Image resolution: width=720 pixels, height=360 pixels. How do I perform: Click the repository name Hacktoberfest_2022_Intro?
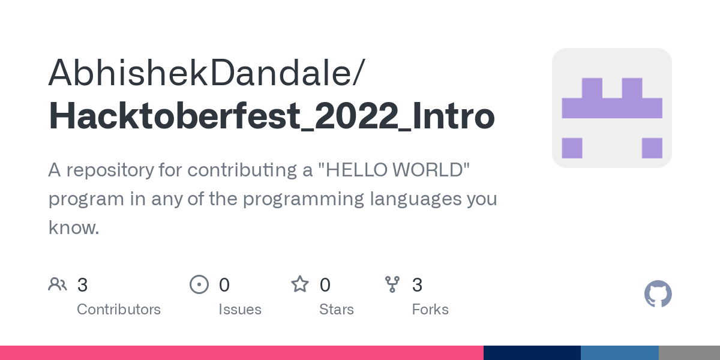coord(271,116)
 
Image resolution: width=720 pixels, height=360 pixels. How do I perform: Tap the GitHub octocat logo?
coord(658,294)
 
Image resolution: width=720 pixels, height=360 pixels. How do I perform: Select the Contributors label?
coord(119,310)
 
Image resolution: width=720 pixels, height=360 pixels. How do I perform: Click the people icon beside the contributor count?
coord(58,284)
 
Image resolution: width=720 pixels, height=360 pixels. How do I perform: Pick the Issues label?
coord(240,310)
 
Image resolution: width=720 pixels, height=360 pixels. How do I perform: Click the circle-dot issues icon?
coord(199,284)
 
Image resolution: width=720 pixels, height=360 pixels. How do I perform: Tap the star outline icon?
coord(300,284)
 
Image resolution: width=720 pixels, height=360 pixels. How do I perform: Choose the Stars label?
coord(337,310)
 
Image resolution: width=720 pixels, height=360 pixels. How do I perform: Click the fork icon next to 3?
coord(392,284)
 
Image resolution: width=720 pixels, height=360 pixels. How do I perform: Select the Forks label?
coord(430,310)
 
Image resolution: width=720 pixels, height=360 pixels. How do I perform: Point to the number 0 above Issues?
coord(224,285)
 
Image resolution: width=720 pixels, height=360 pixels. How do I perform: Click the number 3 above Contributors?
coord(83,285)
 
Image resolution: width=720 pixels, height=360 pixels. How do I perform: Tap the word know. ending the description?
coord(73,227)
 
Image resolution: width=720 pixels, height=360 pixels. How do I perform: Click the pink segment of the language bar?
coord(240,353)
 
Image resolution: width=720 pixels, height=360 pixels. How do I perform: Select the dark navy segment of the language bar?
coord(532,353)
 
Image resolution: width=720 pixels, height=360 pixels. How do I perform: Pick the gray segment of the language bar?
coord(689,353)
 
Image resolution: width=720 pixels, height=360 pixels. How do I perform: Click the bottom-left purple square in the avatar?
coord(572,148)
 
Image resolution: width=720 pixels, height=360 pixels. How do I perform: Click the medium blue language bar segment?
coord(619,353)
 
